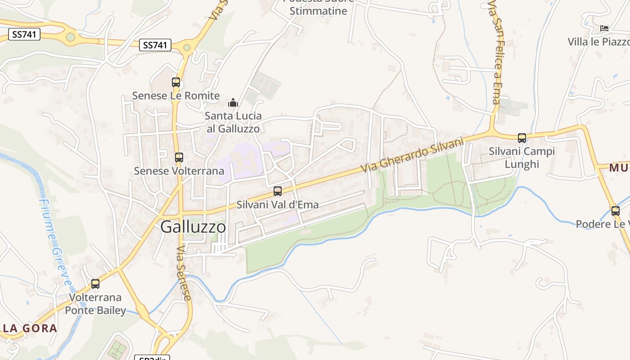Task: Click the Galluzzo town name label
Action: pyautogui.click(x=193, y=227)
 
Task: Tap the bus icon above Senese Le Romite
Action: pyautogui.click(x=176, y=82)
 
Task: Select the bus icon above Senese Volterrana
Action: pyautogui.click(x=179, y=157)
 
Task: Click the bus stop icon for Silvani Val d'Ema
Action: pyautogui.click(x=278, y=191)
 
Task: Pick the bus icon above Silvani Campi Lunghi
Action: pyautogui.click(x=522, y=138)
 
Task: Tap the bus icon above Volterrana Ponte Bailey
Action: pyautogui.click(x=95, y=284)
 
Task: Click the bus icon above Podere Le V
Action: pyautogui.click(x=615, y=211)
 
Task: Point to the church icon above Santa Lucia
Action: pyautogui.click(x=233, y=103)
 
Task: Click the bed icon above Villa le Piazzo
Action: pyautogui.click(x=604, y=28)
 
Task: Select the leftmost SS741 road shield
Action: pyautogui.click(x=24, y=34)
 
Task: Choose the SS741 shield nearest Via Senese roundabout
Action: pyautogui.click(x=155, y=45)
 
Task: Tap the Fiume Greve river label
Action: pyautogui.click(x=55, y=242)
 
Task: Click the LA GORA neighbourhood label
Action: pyautogui.click(x=30, y=328)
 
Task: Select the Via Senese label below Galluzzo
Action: pyautogui.click(x=184, y=273)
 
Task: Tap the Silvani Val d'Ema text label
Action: pyautogui.click(x=278, y=205)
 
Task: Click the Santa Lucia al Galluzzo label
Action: pyautogui.click(x=233, y=122)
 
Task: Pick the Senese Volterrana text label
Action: pyautogui.click(x=179, y=171)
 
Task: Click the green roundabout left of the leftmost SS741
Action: pyautogui.click(x=70, y=37)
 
